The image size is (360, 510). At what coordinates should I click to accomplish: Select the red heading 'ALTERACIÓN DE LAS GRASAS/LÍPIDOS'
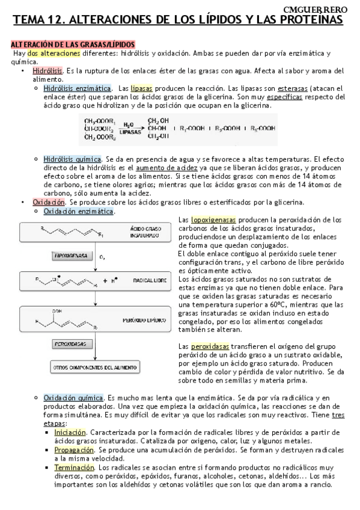point(73,45)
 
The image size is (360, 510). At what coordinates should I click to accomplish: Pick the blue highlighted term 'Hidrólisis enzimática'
point(77,88)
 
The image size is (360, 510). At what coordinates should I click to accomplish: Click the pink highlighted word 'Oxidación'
point(48,202)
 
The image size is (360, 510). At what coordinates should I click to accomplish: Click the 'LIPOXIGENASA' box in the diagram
point(71,256)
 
